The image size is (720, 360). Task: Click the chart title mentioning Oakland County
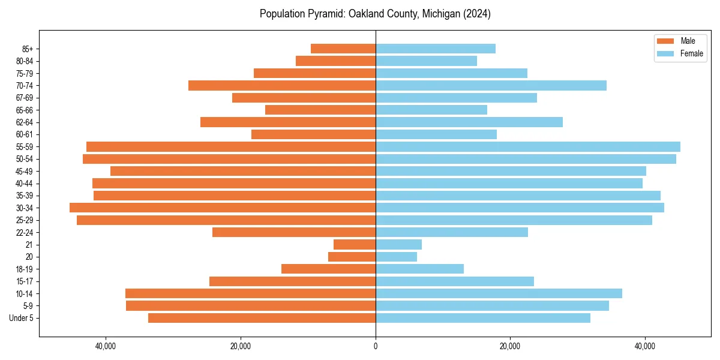375,14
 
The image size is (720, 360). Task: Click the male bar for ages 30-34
223,208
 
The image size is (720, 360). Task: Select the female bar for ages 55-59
528,146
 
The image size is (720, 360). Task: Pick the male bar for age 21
355,244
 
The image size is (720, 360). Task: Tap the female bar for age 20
396,257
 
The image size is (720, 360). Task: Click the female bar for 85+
436,49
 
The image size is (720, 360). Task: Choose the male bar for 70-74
282,85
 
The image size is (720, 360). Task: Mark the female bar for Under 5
483,318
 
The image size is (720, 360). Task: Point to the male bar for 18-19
328,269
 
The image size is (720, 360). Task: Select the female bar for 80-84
426,61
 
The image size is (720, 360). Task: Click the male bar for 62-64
288,122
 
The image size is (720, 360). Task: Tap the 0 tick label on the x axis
376,346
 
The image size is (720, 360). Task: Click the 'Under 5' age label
22,318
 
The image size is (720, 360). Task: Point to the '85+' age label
26,49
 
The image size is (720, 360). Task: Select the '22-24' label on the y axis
25,232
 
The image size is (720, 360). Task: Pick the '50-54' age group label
25,159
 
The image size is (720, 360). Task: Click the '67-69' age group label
25,98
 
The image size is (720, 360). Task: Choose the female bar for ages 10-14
499,293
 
